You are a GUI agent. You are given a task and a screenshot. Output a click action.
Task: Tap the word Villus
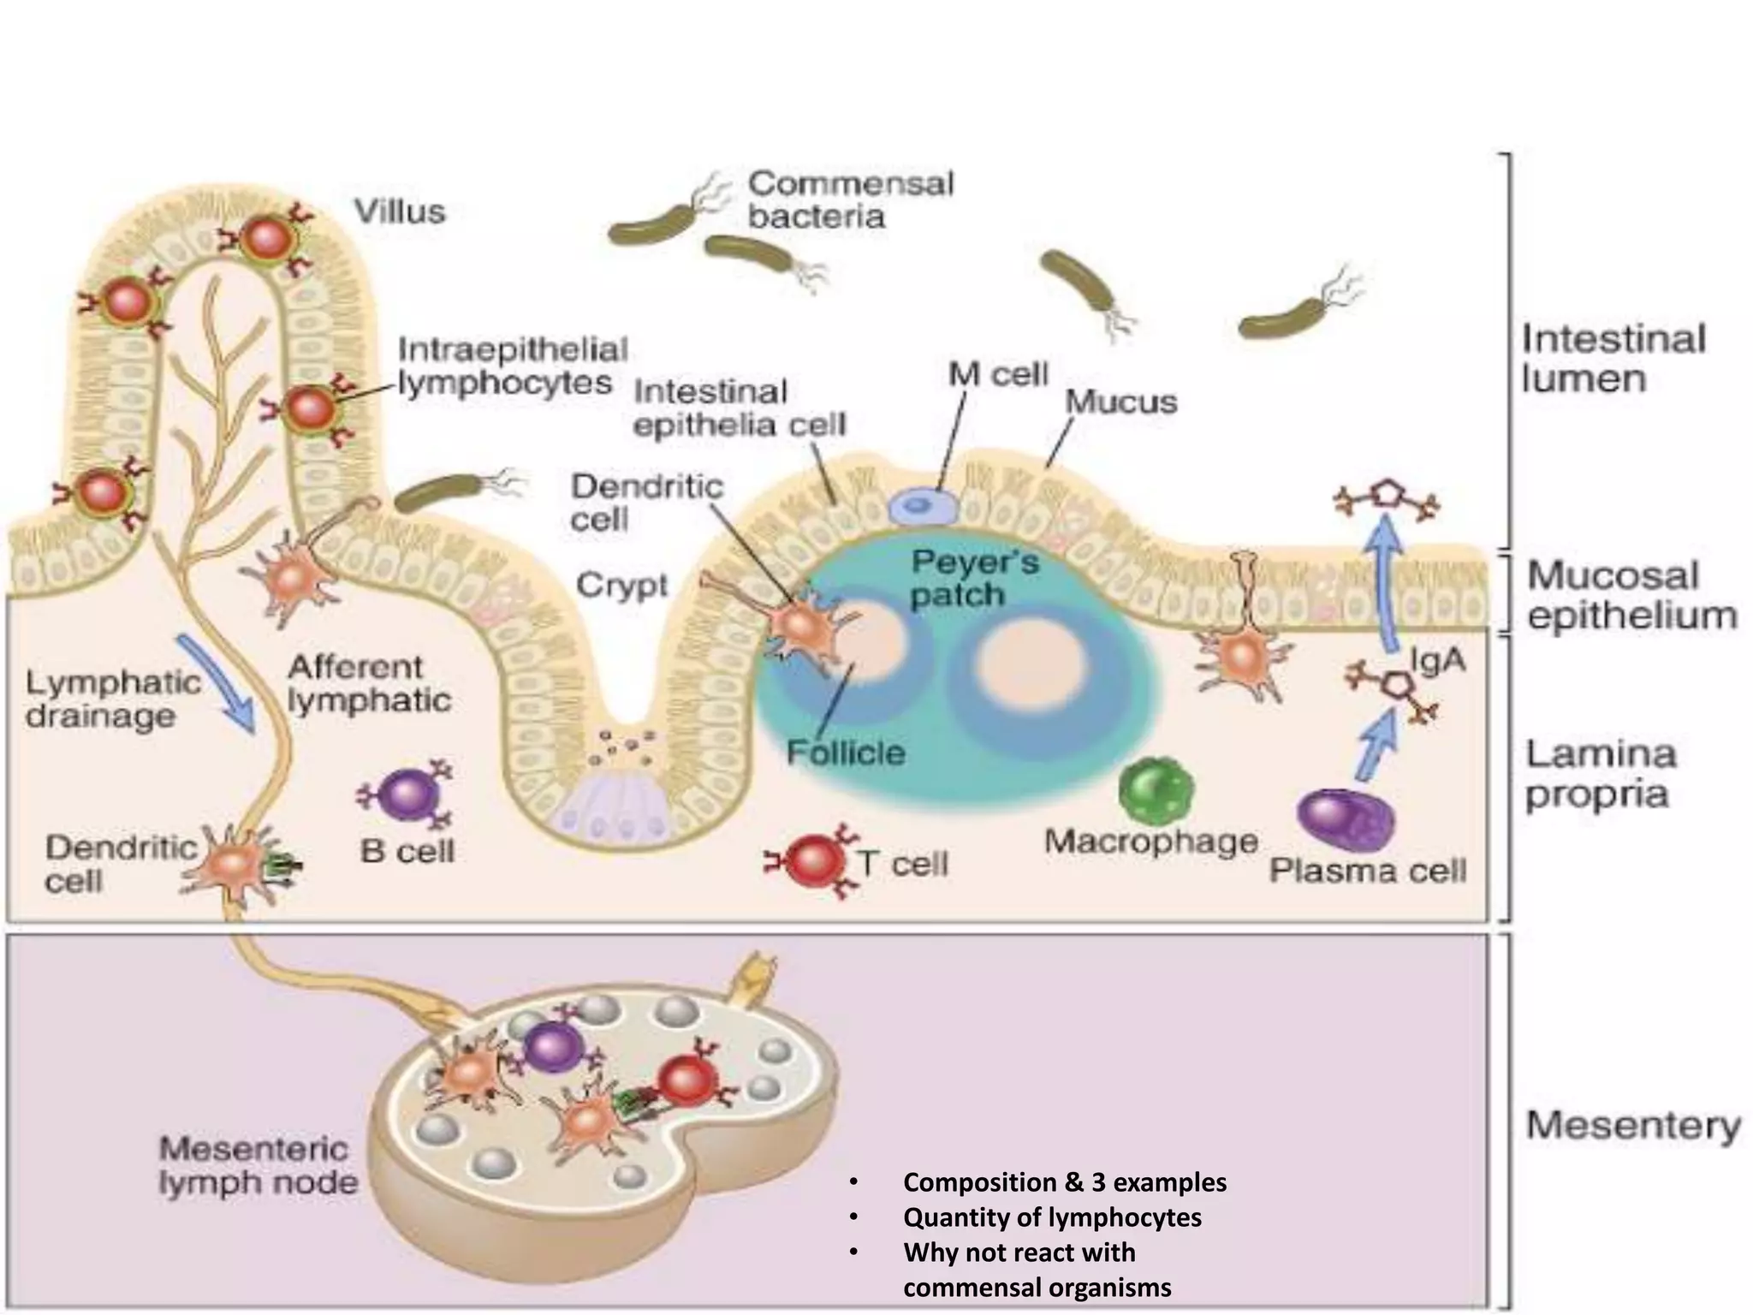(400, 211)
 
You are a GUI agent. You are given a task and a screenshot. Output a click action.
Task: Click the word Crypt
(621, 586)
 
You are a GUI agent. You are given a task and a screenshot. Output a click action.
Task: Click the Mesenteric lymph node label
(258, 1165)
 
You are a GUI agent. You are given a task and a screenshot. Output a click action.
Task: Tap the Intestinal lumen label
(1613, 358)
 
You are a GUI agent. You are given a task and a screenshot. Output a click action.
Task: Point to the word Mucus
(1120, 402)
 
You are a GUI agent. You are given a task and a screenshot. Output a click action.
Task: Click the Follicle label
(846, 753)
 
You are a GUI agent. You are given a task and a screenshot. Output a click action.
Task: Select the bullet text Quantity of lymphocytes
(1052, 1217)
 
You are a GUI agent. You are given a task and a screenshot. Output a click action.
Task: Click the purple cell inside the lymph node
(552, 1048)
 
